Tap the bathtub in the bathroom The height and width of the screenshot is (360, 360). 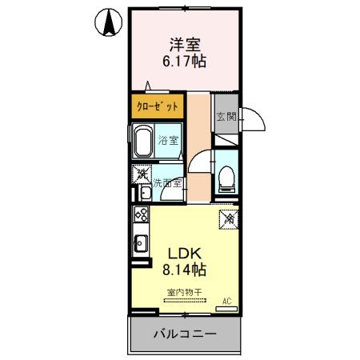144,142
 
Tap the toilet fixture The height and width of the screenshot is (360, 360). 226,177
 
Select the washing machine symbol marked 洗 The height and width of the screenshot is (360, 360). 142,172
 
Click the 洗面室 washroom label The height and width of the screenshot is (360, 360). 168,182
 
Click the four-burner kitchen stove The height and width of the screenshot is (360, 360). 141,214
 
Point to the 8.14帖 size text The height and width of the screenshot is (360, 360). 184,270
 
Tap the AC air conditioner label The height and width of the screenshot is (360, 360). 226,301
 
